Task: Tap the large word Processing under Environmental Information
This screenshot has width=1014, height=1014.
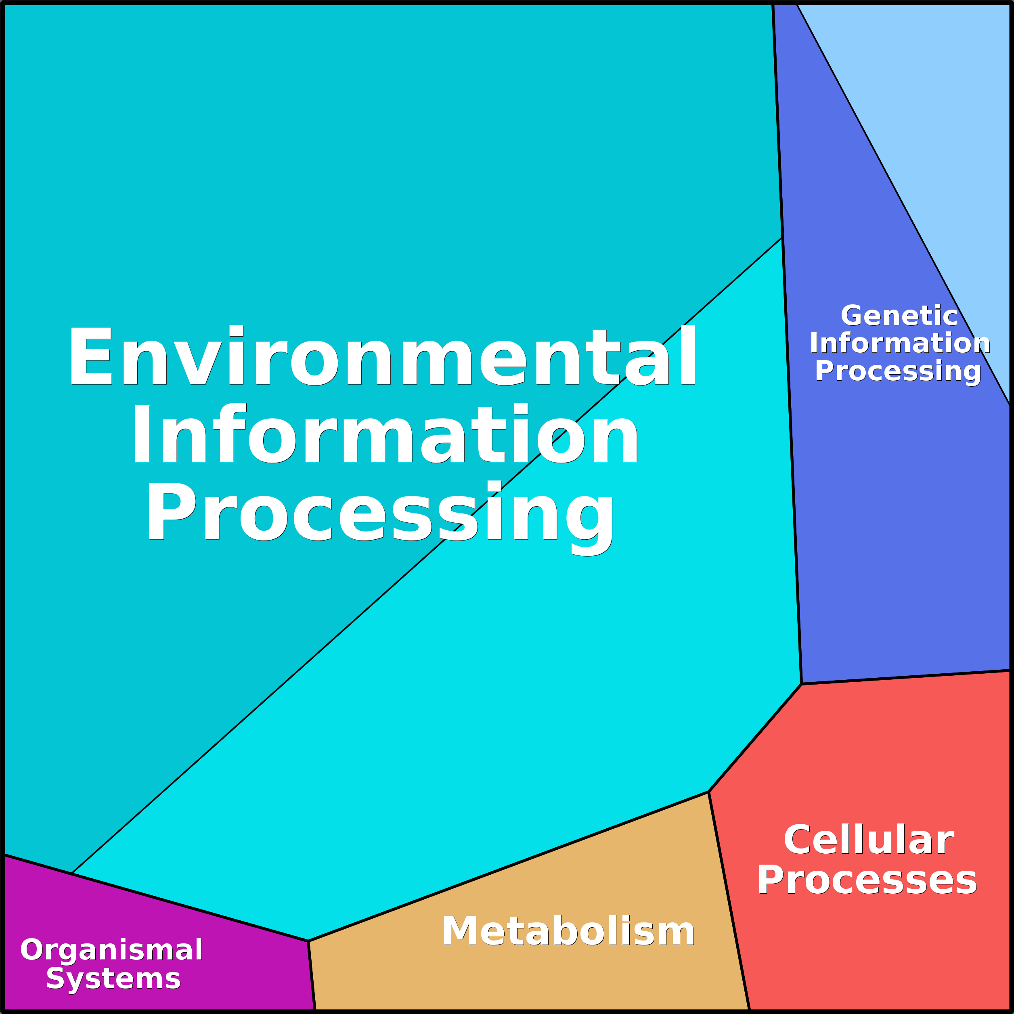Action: (x=379, y=512)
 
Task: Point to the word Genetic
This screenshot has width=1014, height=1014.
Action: (x=899, y=316)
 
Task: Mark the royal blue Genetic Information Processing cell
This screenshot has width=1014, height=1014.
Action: (x=892, y=525)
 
